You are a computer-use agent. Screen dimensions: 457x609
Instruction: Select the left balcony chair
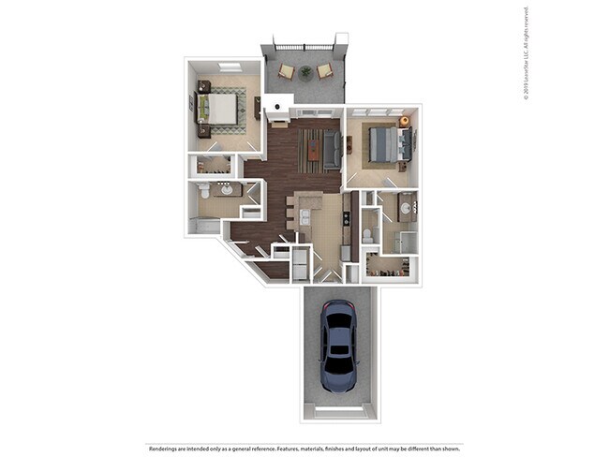(285, 71)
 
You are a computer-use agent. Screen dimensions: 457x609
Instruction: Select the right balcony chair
(323, 70)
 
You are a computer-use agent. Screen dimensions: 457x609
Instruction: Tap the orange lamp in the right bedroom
(405, 122)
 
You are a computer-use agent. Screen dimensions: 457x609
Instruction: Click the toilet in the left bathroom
(205, 190)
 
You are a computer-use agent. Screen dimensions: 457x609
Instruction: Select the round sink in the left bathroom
(228, 188)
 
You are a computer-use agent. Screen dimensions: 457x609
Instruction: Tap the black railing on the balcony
(304, 44)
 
